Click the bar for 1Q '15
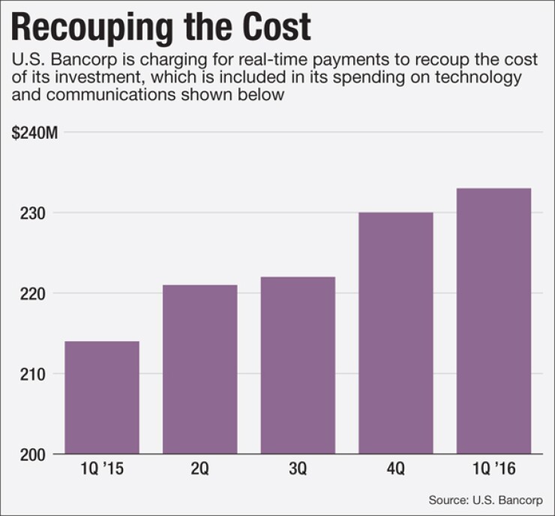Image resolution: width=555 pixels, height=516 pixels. [102, 397]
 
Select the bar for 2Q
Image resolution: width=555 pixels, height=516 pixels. [199, 370]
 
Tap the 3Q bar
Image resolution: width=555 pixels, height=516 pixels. [298, 365]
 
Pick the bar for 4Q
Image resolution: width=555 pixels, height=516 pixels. [396, 333]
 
